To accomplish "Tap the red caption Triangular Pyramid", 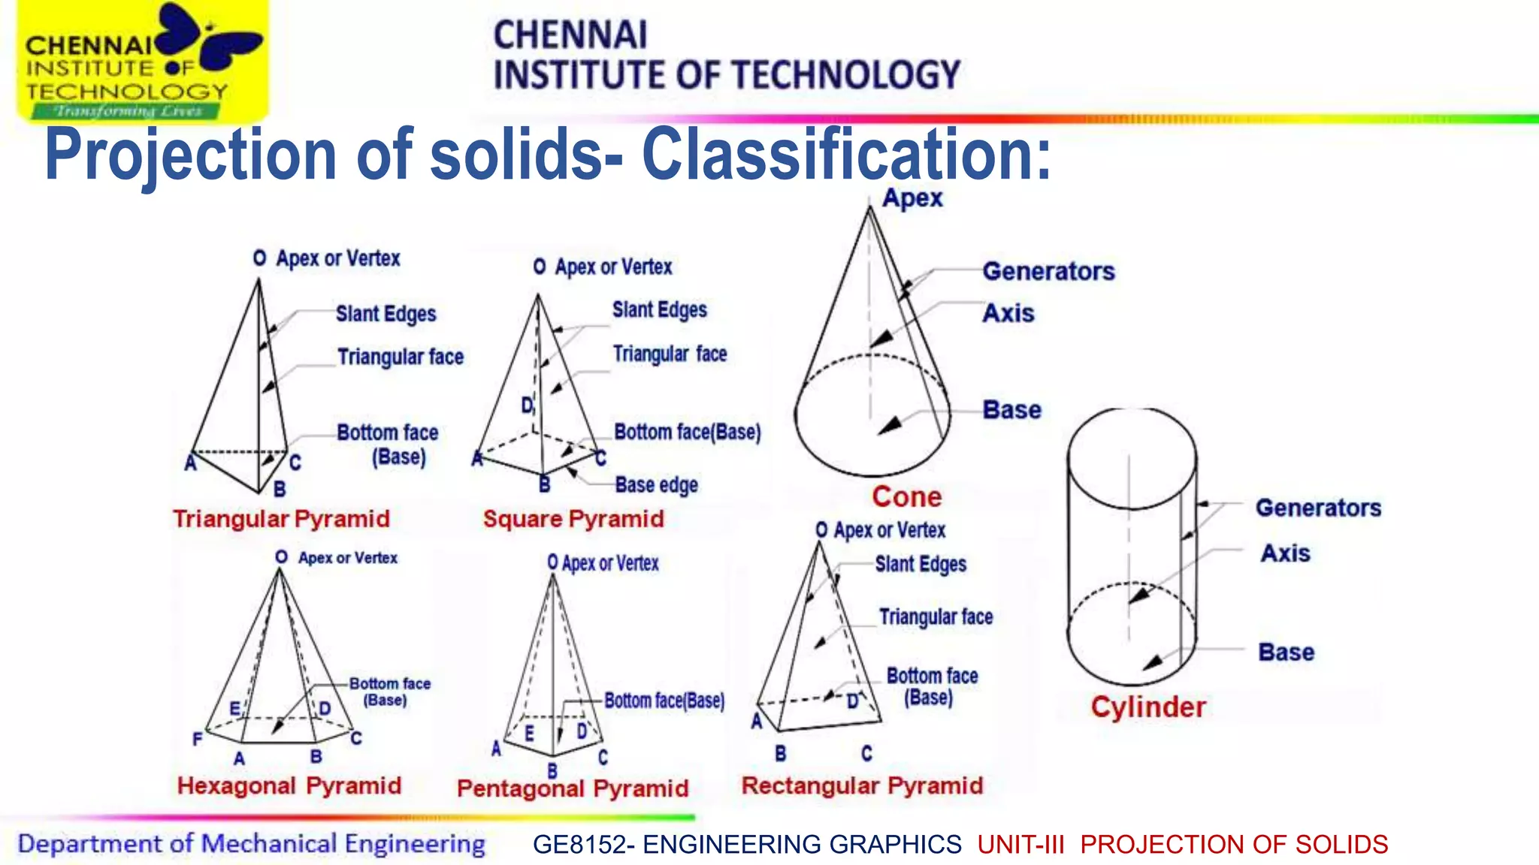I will pos(281,519).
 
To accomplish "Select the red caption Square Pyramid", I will pos(573,519).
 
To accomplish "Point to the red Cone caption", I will pos(906,497).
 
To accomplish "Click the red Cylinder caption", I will pos(1148,707).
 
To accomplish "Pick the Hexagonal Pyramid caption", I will pos(289,786).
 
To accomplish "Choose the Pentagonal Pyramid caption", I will pos(573,788).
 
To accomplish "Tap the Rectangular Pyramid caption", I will pos(862,785).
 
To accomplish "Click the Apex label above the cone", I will pos(912,198).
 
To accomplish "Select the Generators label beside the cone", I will pos(1048,271).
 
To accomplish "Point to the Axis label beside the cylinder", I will pos(1285,553).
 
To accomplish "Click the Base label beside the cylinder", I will pos(1286,652).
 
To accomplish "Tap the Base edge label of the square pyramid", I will pos(656,485).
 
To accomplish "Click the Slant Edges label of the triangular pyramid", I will pos(386,314).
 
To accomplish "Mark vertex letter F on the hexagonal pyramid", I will pos(197,740).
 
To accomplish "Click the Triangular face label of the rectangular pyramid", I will pos(936,617).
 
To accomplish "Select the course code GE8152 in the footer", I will pos(578,845).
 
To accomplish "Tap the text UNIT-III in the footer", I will pos(1020,845).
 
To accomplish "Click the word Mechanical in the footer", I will pos(268,844).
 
